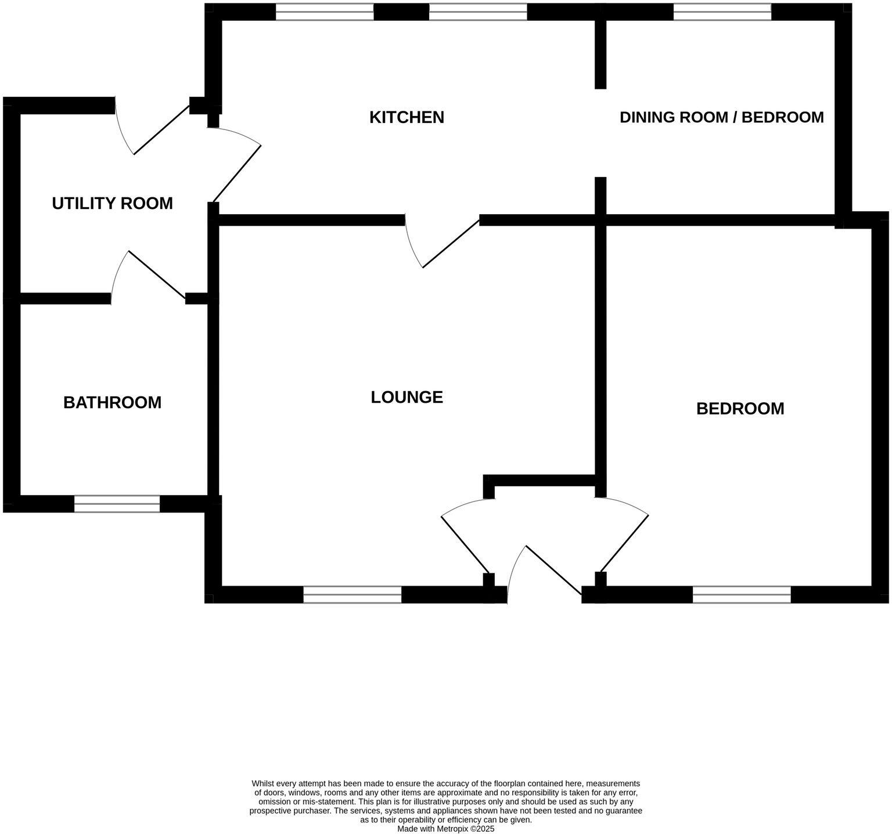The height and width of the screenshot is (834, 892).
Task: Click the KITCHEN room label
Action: tap(407, 117)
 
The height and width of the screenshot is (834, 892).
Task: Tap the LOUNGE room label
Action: tap(407, 398)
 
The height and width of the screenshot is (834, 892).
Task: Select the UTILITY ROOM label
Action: tap(112, 204)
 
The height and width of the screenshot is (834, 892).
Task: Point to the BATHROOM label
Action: tap(112, 403)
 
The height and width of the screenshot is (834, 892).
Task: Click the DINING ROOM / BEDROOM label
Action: tap(721, 117)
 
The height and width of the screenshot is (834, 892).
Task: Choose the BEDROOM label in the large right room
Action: tap(740, 409)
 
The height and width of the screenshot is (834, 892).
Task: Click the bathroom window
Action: tap(117, 504)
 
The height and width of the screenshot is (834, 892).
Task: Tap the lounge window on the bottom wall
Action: tap(352, 594)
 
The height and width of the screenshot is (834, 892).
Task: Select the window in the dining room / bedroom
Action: tap(722, 12)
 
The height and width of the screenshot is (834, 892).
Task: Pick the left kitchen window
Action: tap(324, 12)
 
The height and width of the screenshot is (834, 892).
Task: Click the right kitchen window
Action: tap(477, 12)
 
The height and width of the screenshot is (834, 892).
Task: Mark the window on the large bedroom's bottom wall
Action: tap(742, 594)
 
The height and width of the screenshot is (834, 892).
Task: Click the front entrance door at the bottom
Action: tap(546, 572)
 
